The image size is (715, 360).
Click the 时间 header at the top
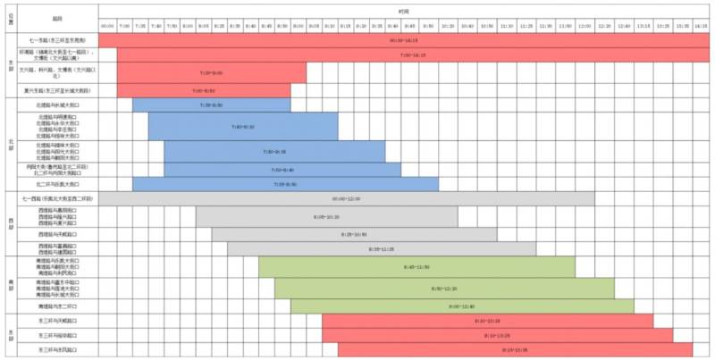click(x=404, y=11)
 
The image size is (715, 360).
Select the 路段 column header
click(x=57, y=17)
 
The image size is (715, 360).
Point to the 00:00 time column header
click(x=107, y=26)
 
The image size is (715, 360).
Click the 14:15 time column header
click(x=701, y=26)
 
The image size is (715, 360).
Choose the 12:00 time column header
click(x=584, y=26)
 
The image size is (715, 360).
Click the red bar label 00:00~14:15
click(x=404, y=40)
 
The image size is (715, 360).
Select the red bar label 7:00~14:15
click(x=412, y=55)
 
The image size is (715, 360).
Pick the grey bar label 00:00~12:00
click(x=346, y=198)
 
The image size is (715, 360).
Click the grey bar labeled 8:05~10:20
click(x=326, y=216)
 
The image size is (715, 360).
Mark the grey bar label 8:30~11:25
click(x=381, y=249)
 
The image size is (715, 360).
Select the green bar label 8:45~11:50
click(x=416, y=267)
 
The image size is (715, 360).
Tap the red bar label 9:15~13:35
click(x=515, y=349)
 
